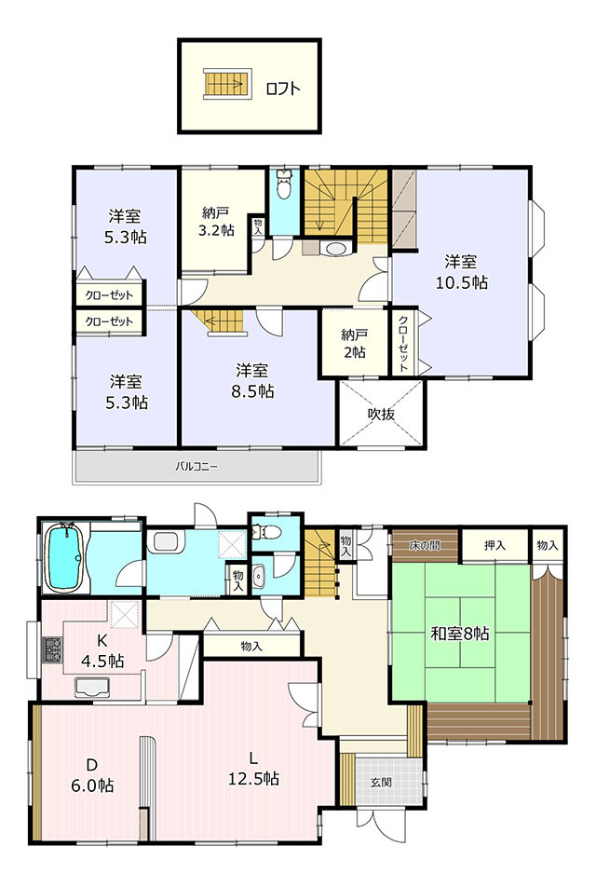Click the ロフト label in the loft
point(283,89)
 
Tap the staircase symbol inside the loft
point(226,84)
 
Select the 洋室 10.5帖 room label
point(461,272)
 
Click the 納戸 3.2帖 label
point(215,222)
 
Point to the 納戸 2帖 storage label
point(354,344)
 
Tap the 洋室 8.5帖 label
point(252,381)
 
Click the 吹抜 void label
point(381,414)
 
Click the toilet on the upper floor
point(284,184)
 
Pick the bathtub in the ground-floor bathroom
point(65,557)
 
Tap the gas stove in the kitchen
point(52,650)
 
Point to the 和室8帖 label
point(460,633)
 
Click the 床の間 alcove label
point(425,546)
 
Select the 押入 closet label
point(494,545)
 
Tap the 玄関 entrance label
point(382,783)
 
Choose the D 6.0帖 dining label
point(92,775)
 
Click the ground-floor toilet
point(265,532)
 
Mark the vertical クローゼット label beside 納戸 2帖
point(402,344)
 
